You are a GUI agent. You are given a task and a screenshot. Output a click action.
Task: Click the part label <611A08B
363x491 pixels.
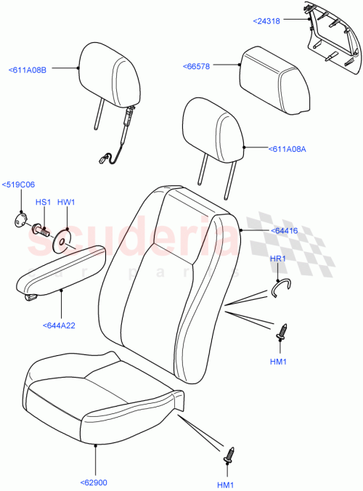28,70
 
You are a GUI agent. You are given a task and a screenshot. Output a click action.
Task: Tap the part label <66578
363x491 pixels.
197,66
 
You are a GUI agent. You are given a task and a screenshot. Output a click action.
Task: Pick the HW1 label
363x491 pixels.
65,202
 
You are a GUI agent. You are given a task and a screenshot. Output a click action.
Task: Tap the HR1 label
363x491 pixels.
279,259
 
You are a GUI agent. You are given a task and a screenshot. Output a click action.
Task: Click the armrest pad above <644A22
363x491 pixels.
62,267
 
